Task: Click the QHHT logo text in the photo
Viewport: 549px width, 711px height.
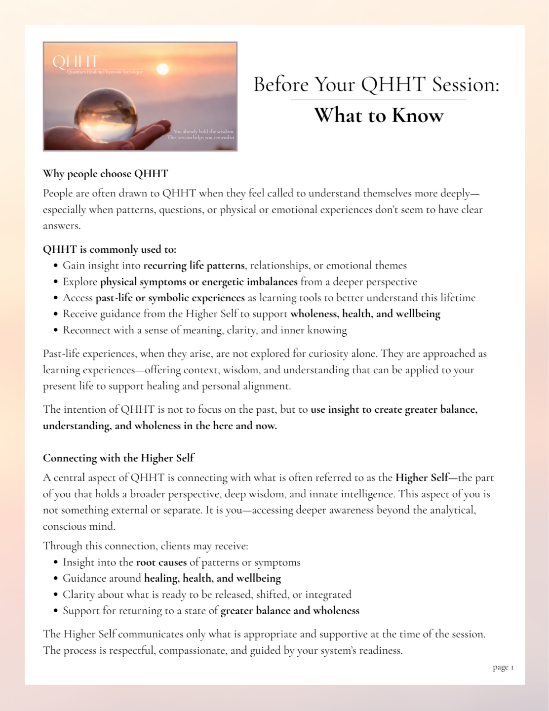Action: pyautogui.click(x=76, y=62)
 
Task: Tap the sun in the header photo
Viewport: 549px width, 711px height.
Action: pyautogui.click(x=162, y=70)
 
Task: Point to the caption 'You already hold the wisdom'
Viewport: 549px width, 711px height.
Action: pyautogui.click(x=203, y=131)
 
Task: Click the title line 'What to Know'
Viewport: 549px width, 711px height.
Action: pyautogui.click(x=379, y=115)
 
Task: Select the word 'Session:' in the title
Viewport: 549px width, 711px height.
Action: pyautogui.click(x=466, y=84)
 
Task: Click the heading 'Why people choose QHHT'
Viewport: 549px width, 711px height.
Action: pyautogui.click(x=105, y=174)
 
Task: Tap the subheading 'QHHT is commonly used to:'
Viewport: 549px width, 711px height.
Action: pyautogui.click(x=109, y=249)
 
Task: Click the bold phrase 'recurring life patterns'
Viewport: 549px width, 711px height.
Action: pyautogui.click(x=194, y=266)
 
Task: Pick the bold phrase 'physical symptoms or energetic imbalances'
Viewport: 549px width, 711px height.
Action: pyautogui.click(x=198, y=282)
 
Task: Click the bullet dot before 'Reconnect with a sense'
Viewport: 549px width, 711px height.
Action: pyautogui.click(x=56, y=330)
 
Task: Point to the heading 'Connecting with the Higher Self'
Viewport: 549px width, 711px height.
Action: pyautogui.click(x=118, y=458)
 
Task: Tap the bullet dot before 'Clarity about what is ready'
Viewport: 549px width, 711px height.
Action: pyautogui.click(x=56, y=595)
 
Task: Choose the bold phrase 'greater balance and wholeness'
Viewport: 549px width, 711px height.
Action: pyautogui.click(x=290, y=611)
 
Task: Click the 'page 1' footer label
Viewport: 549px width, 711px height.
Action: pyautogui.click(x=503, y=668)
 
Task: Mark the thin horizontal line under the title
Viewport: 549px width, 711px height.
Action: pyautogui.click(x=378, y=100)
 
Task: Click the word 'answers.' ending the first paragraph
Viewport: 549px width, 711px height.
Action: pyautogui.click(x=62, y=226)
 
